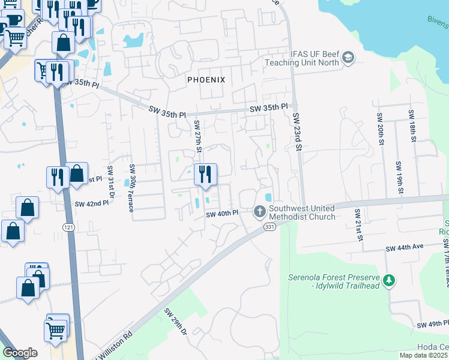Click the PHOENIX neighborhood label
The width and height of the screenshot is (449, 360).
[x=206, y=80]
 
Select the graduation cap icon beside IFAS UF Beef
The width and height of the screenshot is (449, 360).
[x=348, y=58]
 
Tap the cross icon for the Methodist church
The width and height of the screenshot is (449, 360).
[x=259, y=211]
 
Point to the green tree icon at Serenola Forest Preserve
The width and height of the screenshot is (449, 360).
[x=389, y=280]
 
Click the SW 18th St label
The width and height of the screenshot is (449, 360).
[x=412, y=126]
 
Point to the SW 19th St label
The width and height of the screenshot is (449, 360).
[x=399, y=178]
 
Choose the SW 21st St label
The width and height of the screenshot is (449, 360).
[x=358, y=226]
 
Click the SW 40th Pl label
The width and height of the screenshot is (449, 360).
[x=222, y=214]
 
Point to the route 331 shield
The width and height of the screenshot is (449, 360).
[x=270, y=227]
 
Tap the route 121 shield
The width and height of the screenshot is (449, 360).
[x=68, y=226]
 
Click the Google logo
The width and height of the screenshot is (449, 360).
[x=20, y=353]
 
